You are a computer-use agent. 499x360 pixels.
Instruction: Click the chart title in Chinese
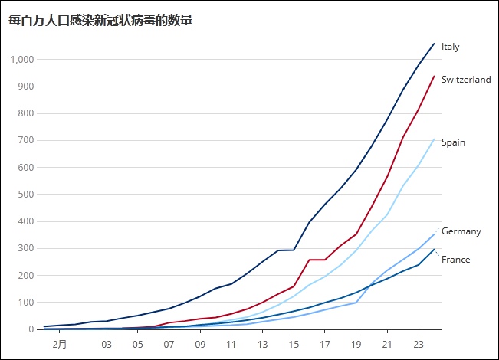pos(100,21)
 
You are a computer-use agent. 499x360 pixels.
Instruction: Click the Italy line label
pos(451,47)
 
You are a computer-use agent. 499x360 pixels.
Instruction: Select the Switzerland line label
pos(466,80)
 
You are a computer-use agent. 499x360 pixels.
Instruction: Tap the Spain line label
pos(453,142)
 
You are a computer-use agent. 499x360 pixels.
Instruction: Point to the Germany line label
pos(461,231)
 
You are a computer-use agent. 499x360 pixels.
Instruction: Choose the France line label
pos(455,260)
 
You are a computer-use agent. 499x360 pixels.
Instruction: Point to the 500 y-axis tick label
pos(27,195)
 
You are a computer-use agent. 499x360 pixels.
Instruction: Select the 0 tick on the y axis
pos(31,329)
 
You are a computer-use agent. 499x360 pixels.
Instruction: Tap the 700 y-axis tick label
pos(27,141)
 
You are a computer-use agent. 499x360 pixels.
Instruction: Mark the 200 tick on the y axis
pos(27,276)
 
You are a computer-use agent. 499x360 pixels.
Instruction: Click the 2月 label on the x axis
pos(60,344)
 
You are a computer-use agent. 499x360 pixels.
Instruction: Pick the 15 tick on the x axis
pos(294,344)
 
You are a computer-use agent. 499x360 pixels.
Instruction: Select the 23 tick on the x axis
pos(419,344)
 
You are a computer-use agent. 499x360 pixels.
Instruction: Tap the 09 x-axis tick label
pos(200,344)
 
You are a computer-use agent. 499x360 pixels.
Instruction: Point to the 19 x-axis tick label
pos(356,344)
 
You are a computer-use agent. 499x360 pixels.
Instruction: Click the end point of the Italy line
pos(434,44)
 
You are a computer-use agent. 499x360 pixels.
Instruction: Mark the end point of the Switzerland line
pos(434,76)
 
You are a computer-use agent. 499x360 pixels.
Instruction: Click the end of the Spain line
pos(434,139)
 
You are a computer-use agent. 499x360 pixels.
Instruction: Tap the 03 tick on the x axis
pos(107,344)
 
